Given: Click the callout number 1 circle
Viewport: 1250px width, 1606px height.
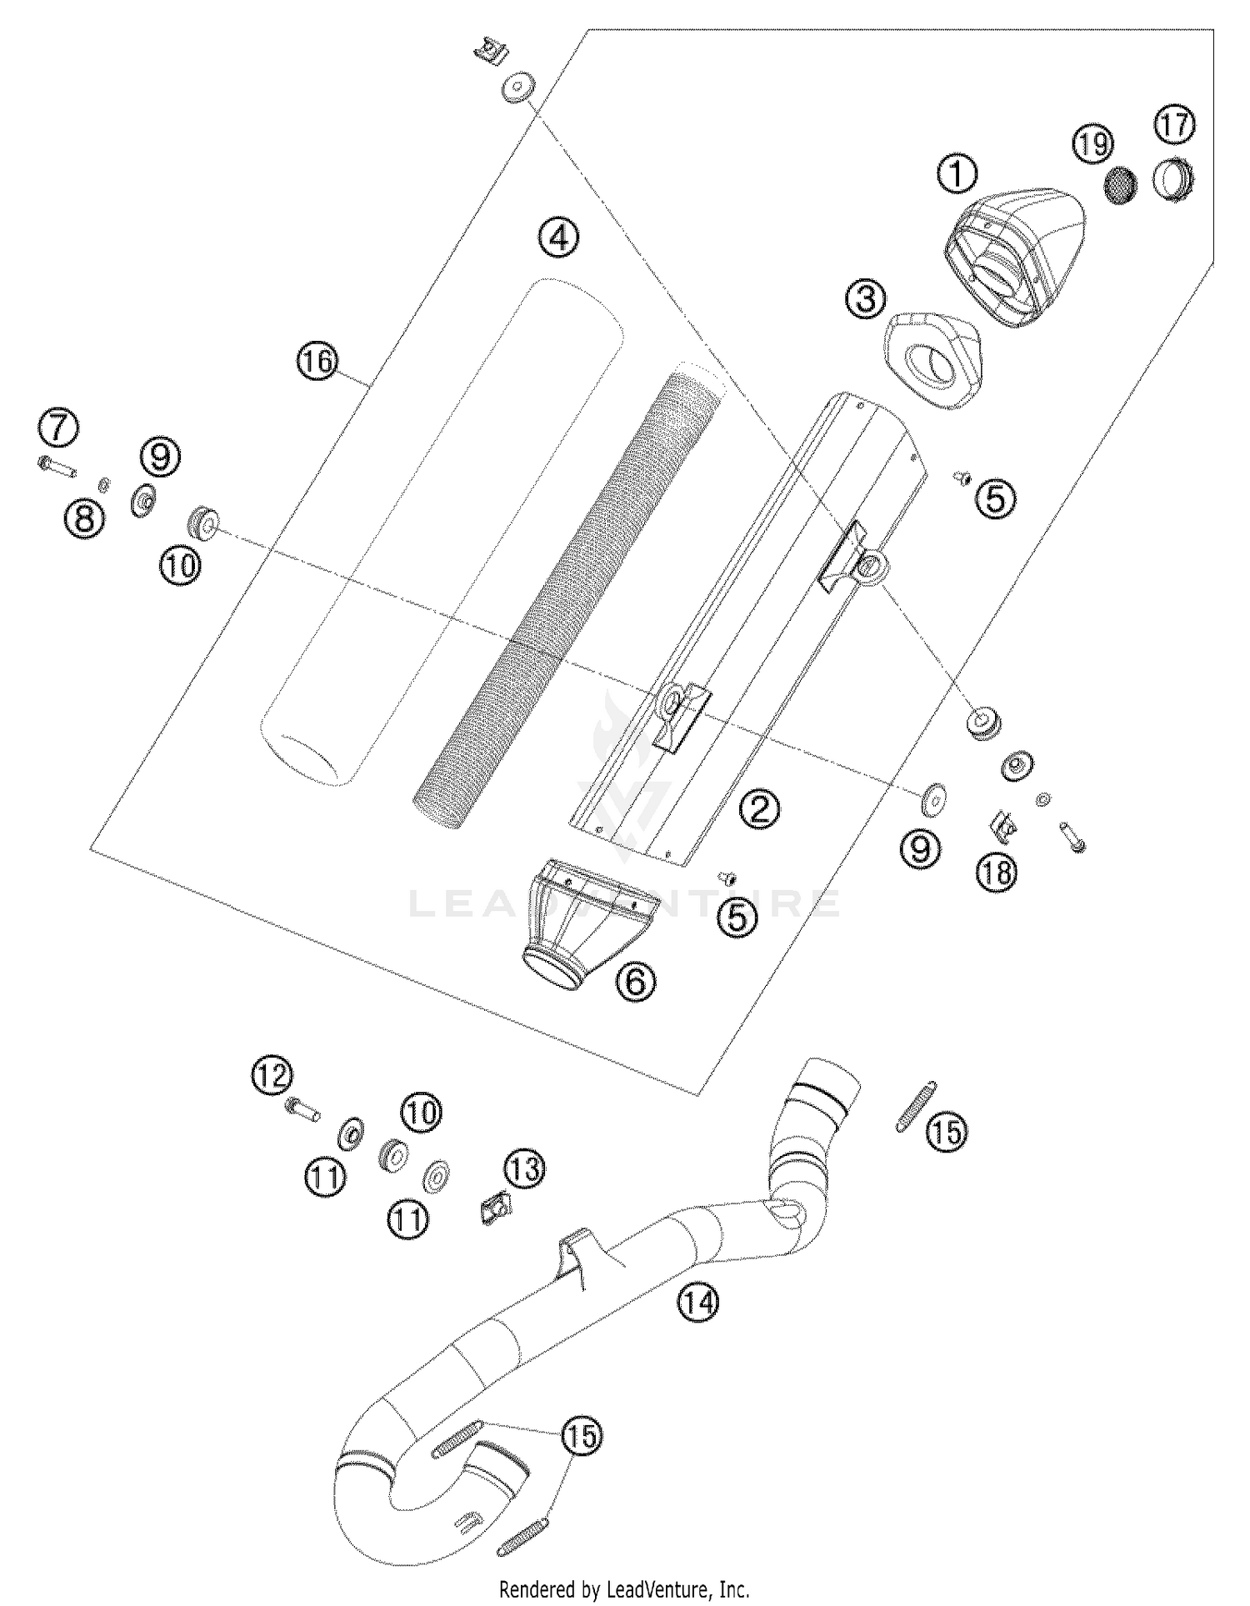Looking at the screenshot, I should pos(957,174).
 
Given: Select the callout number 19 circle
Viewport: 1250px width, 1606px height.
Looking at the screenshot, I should pos(1092,144).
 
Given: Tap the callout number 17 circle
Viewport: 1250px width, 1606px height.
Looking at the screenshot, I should pos(1174,125).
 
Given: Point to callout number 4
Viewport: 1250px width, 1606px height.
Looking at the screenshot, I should pos(558,238).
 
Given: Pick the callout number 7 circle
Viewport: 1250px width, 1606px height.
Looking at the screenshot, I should pos(58,429).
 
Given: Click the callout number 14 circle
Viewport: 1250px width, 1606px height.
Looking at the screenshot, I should pos(697,1301).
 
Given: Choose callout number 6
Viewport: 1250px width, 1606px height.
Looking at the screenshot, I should pos(636,983).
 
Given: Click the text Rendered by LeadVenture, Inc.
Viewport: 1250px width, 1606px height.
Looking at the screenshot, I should pos(624,1588).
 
